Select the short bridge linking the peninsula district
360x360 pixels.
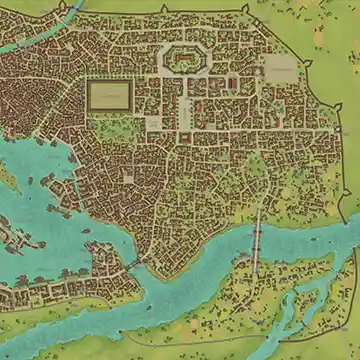129,264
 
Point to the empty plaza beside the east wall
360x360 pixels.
281,69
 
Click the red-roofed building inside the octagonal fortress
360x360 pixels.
182,59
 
